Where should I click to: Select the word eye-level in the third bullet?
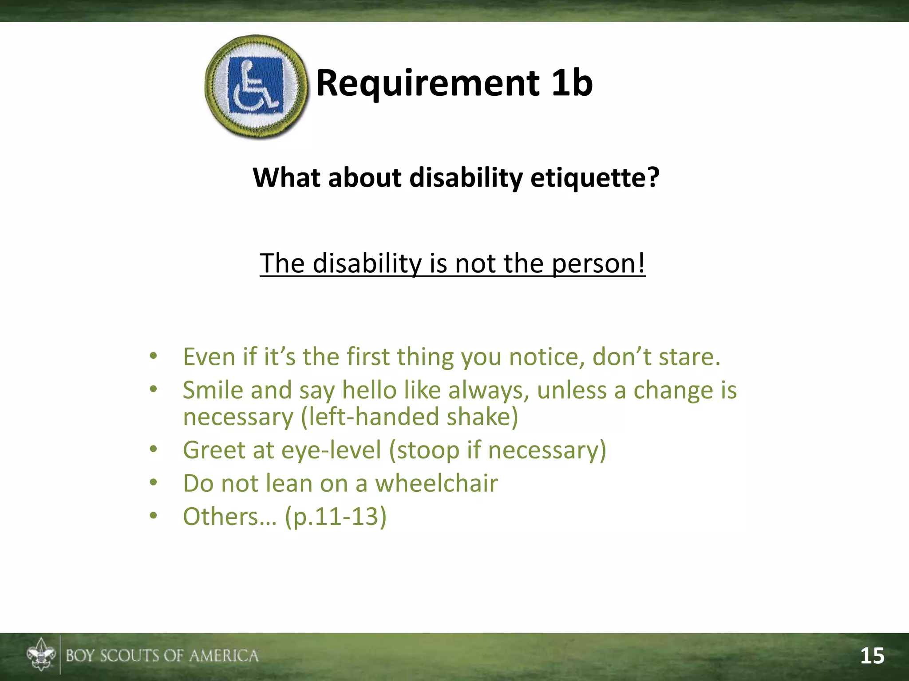point(331,450)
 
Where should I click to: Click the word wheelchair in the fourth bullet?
point(436,484)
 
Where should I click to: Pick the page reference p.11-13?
point(336,517)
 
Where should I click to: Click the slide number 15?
point(872,656)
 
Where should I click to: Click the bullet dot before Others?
point(154,516)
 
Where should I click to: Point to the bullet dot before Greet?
point(154,449)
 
